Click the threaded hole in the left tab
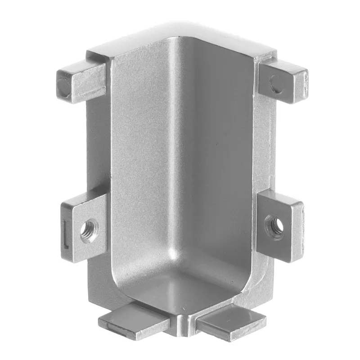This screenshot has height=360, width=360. pos(89,229)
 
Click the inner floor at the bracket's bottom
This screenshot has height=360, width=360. pos(180,288)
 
